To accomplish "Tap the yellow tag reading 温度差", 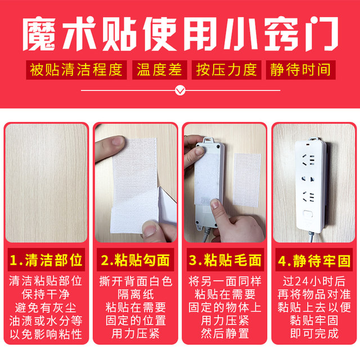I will click(159, 70).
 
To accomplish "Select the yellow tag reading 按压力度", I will click(226, 70).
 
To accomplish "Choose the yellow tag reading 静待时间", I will click(300, 70).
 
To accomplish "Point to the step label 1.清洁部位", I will click(47, 260).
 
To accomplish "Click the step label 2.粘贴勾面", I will click(135, 260).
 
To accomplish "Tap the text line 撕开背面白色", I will click(135, 280).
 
